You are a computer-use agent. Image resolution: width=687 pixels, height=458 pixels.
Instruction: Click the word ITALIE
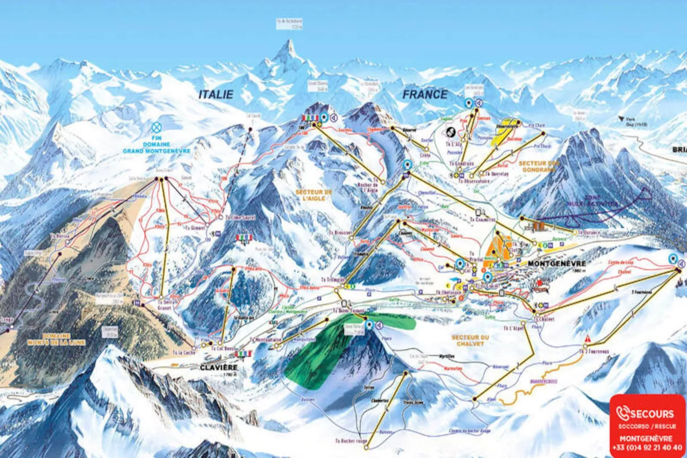click(216, 95)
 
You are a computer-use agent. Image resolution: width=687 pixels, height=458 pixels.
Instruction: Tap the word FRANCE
click(425, 95)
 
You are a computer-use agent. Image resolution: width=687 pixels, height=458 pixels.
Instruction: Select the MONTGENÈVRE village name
click(557, 264)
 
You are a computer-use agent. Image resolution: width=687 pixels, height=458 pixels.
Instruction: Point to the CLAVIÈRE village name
click(219, 368)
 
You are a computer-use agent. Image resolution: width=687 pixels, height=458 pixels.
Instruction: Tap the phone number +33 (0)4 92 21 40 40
click(647, 448)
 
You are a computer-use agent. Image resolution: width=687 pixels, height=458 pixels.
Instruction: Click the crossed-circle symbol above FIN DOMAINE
click(157, 127)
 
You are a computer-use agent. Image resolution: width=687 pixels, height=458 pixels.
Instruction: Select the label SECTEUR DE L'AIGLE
click(314, 195)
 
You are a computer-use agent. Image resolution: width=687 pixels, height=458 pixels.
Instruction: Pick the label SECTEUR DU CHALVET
click(470, 341)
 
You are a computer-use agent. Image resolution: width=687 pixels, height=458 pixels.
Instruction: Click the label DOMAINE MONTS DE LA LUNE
click(56, 339)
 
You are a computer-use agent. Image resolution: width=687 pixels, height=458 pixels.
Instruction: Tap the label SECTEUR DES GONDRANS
click(539, 167)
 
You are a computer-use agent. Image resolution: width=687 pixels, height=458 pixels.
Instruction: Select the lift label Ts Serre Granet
click(164, 305)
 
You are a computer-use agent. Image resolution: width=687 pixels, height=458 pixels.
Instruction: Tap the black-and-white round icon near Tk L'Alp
click(450, 132)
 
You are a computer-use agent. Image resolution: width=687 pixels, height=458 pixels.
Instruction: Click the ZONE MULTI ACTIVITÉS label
click(592, 201)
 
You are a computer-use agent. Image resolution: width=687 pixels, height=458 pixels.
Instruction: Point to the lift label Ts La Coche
click(184, 353)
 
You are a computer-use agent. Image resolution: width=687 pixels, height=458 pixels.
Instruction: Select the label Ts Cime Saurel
click(240, 217)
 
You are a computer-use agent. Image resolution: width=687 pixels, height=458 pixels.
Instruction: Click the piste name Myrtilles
click(446, 356)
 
